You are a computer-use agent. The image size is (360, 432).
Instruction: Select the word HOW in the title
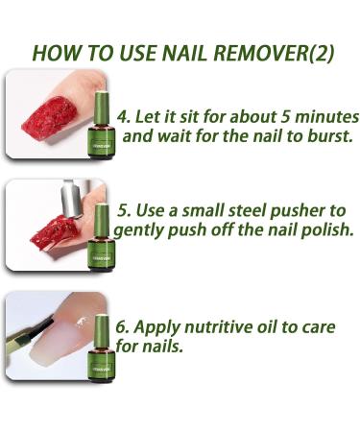(57, 53)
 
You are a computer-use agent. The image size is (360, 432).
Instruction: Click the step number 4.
(123, 116)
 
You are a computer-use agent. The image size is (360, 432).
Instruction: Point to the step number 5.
(123, 211)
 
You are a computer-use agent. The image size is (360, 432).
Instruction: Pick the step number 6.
(123, 327)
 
